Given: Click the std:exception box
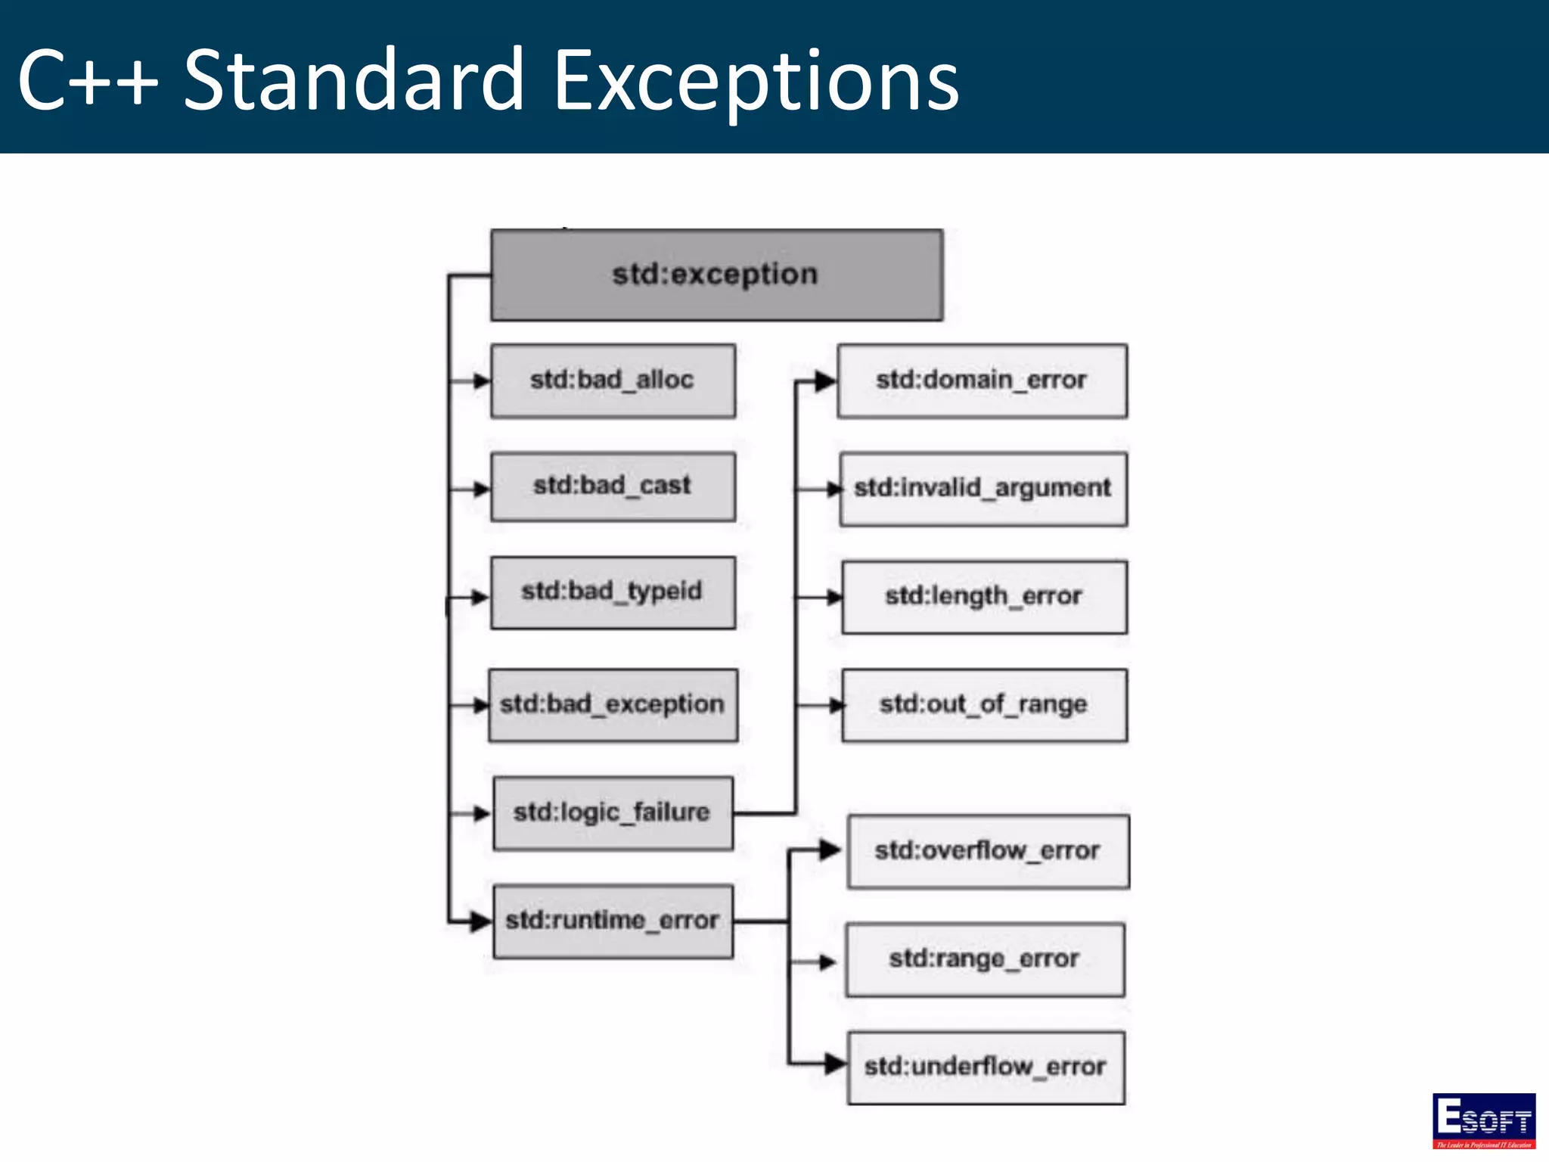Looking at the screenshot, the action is point(716,275).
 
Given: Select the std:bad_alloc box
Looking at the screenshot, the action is point(613,381).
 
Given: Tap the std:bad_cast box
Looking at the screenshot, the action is point(613,486).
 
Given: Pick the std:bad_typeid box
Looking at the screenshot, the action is point(613,592).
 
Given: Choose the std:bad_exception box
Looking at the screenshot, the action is point(613,705).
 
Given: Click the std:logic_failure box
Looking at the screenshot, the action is point(613,813).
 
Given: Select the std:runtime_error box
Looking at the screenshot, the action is point(613,921).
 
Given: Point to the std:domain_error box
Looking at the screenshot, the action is point(982,381).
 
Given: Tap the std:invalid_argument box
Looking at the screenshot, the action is point(983,489).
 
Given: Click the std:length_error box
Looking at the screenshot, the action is point(984,597).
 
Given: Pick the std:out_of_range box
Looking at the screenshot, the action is point(984,705).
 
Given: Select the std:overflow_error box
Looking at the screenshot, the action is point(988,851).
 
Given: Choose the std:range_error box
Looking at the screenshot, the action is point(985,959).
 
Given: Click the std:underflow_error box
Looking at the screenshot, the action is point(986,1067).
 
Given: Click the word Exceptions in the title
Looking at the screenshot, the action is point(756,80).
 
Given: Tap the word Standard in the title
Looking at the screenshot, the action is point(354,80).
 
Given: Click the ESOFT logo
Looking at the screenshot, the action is point(1483,1120).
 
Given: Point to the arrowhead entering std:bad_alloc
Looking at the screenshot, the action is point(481,381).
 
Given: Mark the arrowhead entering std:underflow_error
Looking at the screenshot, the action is point(835,1064).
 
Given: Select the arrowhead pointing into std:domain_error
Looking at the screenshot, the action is point(825,382).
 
